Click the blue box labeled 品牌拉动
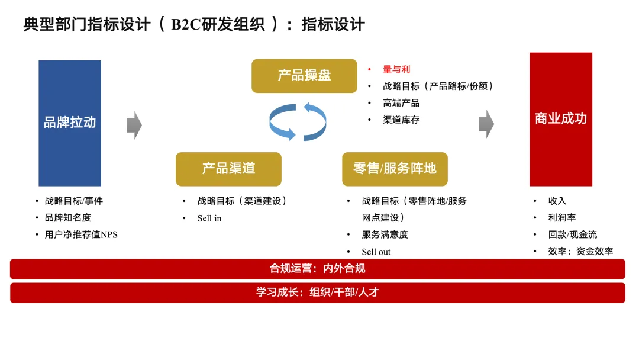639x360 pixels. [x=70, y=123]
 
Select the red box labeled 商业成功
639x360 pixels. [x=560, y=118]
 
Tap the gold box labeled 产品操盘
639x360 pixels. [x=304, y=76]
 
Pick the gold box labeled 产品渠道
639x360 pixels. [x=228, y=169]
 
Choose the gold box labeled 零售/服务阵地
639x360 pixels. [x=395, y=169]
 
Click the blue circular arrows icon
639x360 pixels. [x=298, y=122]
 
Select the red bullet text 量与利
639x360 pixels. [x=396, y=69]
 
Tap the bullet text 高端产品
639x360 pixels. [x=401, y=103]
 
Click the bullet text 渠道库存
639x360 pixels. [x=401, y=120]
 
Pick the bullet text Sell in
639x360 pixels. [x=209, y=218]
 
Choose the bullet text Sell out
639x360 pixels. [x=376, y=252]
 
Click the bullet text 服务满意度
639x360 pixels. [x=385, y=234]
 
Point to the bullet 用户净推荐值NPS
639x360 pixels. [x=81, y=234]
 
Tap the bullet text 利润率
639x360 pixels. [x=562, y=218]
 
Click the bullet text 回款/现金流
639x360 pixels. [x=573, y=234]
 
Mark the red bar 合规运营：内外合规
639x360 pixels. [x=318, y=269]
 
